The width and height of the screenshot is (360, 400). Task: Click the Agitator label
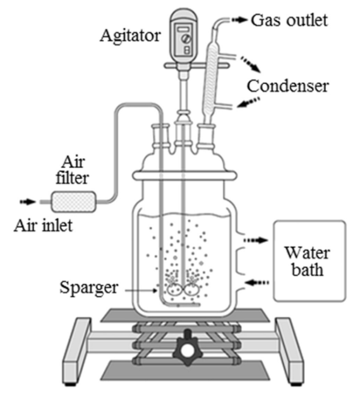tap(130, 36)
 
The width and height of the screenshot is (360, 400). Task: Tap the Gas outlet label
tap(289, 20)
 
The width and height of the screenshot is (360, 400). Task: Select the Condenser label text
tap(288, 86)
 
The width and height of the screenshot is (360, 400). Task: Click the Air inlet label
tap(43, 225)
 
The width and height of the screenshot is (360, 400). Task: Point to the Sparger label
tap(89, 288)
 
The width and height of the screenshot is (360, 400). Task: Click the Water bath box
tap(310, 261)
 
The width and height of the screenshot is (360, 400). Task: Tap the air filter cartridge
tap(74, 201)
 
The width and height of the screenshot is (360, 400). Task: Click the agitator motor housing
tap(184, 36)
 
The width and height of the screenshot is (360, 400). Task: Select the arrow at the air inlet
tap(28, 201)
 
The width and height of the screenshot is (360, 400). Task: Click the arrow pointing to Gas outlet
tap(240, 20)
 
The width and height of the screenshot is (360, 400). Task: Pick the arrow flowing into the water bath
tap(256, 240)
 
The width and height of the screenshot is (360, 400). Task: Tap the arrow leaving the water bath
tap(257, 282)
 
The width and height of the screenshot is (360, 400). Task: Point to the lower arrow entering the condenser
tap(248, 103)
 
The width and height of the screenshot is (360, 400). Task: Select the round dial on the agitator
tap(187, 39)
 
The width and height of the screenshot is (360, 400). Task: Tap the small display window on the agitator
tap(184, 29)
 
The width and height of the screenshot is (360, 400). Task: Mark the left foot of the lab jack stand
tap(77, 351)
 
